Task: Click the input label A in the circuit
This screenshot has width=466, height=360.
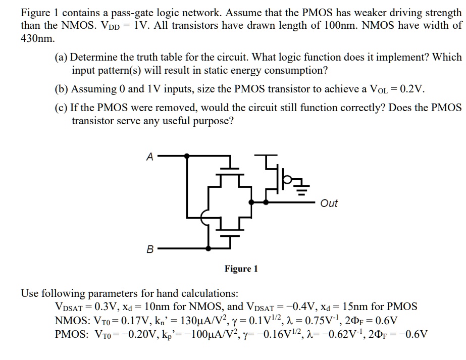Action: coord(149,157)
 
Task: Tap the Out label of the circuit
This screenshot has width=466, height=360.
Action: coord(329,203)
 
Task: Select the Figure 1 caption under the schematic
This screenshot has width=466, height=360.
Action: coord(241,269)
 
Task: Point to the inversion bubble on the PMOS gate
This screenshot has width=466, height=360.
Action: coord(286,178)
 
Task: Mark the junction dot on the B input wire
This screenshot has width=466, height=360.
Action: coord(208,248)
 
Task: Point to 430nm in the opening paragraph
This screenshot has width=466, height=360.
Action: coord(34,38)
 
